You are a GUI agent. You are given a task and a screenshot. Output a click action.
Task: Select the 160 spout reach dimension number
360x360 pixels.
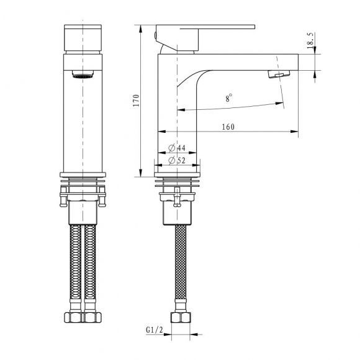click(227, 127)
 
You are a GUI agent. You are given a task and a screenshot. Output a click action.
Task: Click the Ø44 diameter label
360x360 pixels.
click(179, 149)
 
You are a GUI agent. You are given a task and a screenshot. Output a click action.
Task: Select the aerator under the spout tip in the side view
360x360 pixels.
click(276, 75)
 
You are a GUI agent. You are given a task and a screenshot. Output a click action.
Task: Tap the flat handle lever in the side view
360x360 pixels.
click(211, 27)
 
